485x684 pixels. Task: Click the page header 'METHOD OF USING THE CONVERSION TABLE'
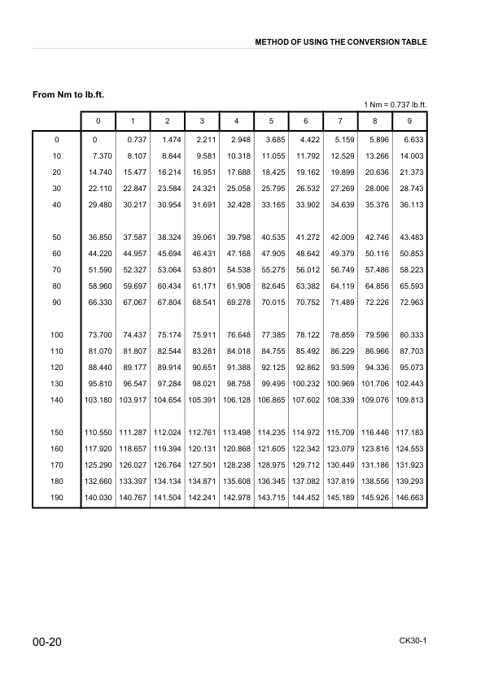pyautogui.click(x=341, y=41)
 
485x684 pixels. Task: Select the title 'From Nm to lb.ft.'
pyautogui.click(x=68, y=95)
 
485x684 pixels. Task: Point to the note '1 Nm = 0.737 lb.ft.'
pyautogui.click(x=395, y=104)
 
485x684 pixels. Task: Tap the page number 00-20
pyautogui.click(x=48, y=643)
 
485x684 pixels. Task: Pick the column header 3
pyautogui.click(x=201, y=121)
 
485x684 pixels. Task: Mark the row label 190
pyautogui.click(x=57, y=497)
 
